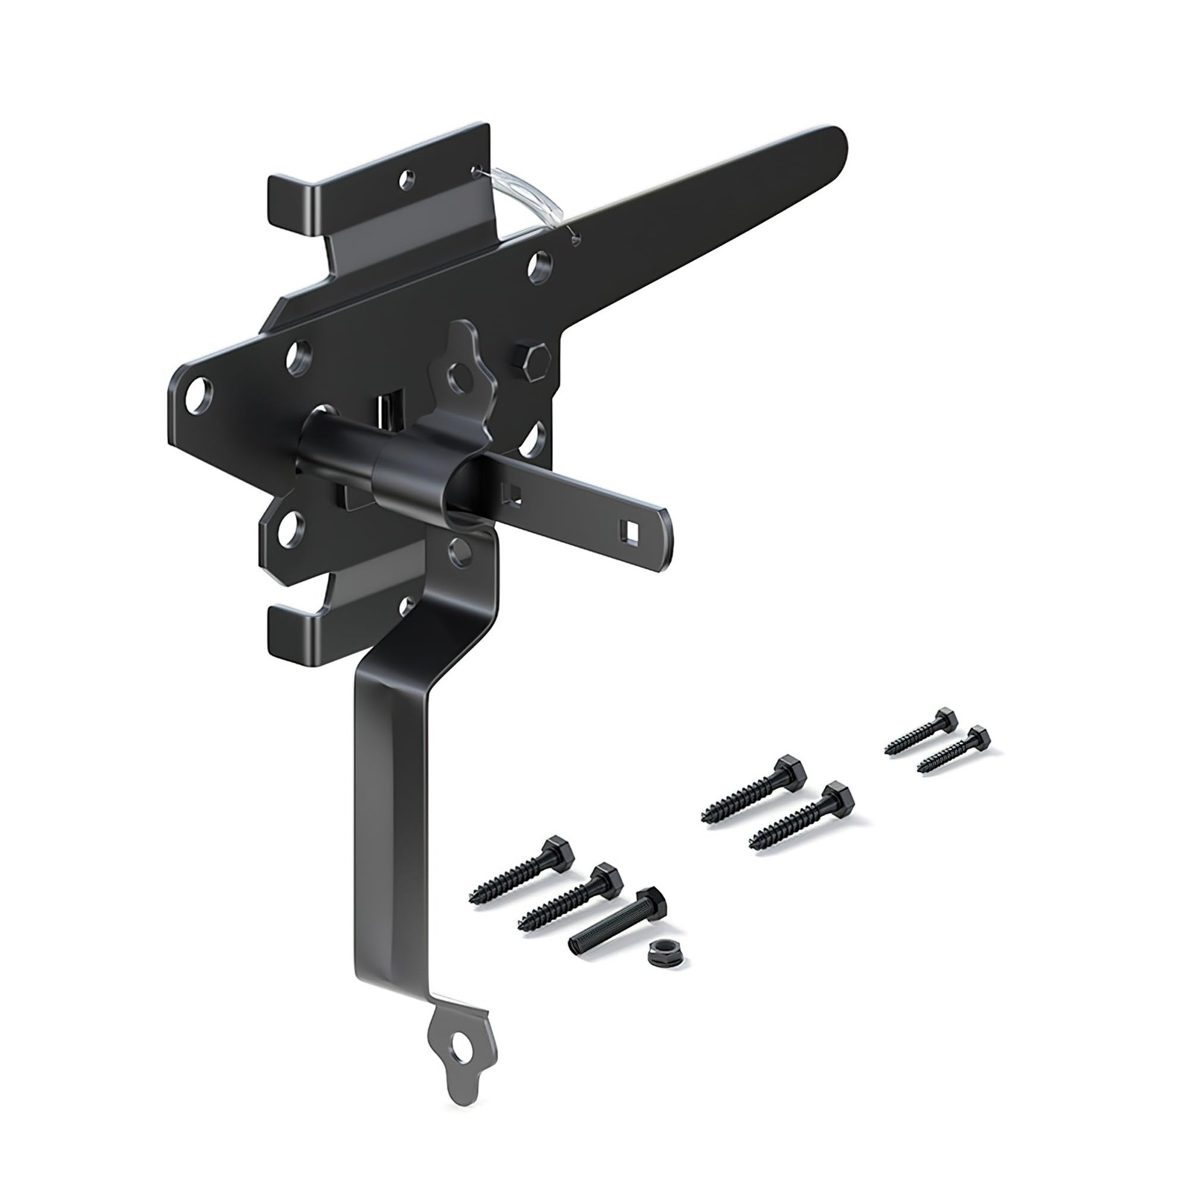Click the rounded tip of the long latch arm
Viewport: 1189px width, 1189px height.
point(836,145)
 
